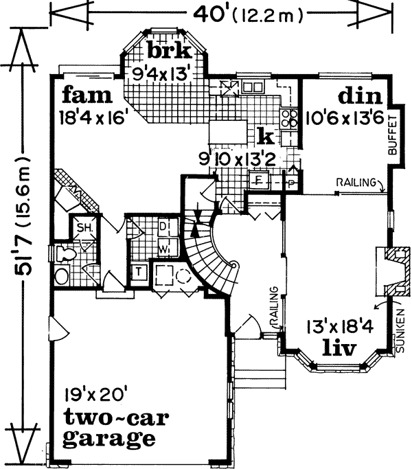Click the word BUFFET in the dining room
click(393, 135)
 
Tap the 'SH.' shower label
click(85, 228)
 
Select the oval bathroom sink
click(62, 277)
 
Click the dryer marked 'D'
click(163, 226)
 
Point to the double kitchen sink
click(252, 87)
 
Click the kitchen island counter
click(227, 131)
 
